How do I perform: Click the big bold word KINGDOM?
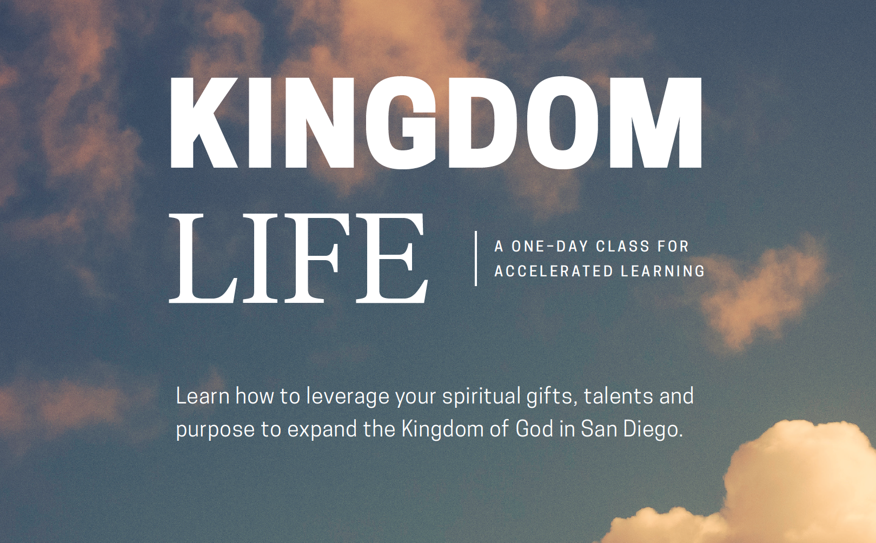tap(436, 123)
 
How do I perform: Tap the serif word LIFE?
tap(298, 259)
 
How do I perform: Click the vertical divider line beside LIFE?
tap(475, 258)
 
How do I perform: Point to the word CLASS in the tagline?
tap(622, 246)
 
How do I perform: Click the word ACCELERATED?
tap(554, 271)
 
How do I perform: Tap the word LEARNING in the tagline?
tap(663, 271)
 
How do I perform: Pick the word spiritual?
tap(481, 397)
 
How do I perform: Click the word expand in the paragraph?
tap(322, 430)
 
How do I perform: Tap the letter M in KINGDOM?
tap(656, 123)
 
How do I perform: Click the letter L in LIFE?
tap(203, 259)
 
